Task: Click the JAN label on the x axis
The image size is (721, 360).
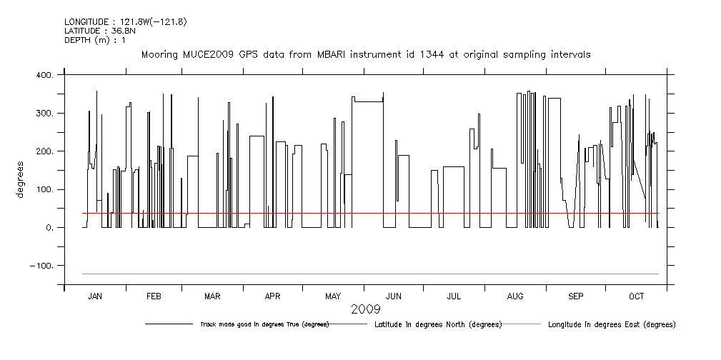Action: (x=95, y=296)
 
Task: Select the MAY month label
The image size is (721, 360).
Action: (x=333, y=296)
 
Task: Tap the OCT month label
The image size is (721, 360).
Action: (x=637, y=296)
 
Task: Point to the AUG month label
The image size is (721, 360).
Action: (x=515, y=296)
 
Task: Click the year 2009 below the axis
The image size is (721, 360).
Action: (x=365, y=309)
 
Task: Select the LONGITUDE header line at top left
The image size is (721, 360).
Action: (x=125, y=21)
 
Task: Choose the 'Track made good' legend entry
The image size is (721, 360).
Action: (x=264, y=324)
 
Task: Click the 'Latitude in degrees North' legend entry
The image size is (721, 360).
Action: (x=437, y=324)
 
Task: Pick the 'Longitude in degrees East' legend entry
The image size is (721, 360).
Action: (x=611, y=324)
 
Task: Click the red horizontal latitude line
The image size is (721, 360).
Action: (x=357, y=213)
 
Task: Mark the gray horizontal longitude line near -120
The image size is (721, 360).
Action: (x=357, y=274)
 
